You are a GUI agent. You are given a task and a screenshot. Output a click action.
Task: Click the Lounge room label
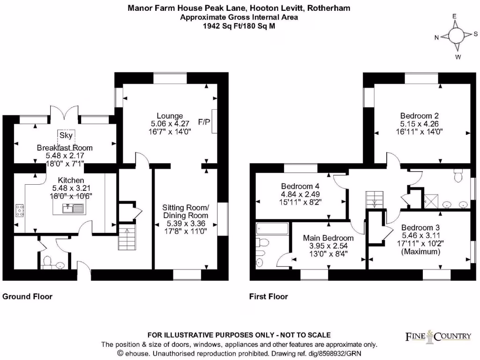click(x=170, y=116)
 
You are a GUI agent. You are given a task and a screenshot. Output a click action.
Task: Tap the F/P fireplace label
click(x=204, y=122)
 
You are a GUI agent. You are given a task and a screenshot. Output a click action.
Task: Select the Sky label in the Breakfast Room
click(x=66, y=135)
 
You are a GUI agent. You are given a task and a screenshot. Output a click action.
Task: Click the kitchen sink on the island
click(x=73, y=208)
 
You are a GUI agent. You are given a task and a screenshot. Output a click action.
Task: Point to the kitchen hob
click(x=20, y=210)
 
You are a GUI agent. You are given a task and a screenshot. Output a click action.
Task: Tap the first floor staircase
click(x=375, y=200)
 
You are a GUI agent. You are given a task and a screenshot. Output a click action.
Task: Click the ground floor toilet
click(x=47, y=262)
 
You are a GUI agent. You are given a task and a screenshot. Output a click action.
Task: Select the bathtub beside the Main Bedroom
click(x=272, y=229)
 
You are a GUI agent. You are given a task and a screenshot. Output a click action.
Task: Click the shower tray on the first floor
click(x=431, y=202)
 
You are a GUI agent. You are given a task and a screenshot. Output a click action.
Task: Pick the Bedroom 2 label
click(x=420, y=116)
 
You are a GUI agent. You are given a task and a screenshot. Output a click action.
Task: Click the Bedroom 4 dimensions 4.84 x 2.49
click(x=300, y=194)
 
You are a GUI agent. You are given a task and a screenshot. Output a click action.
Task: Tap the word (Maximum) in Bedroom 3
click(x=420, y=252)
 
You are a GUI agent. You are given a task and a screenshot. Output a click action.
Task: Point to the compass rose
click(x=456, y=36)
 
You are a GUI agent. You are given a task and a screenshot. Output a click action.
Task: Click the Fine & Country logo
click(x=438, y=337)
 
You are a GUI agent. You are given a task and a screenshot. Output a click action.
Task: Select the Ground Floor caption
click(x=27, y=296)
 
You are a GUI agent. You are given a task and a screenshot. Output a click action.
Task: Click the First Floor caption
click(x=269, y=296)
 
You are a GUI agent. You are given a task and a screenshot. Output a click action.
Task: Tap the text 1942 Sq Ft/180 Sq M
click(x=239, y=26)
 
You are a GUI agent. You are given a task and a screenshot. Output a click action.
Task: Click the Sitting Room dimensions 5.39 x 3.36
click(x=186, y=224)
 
